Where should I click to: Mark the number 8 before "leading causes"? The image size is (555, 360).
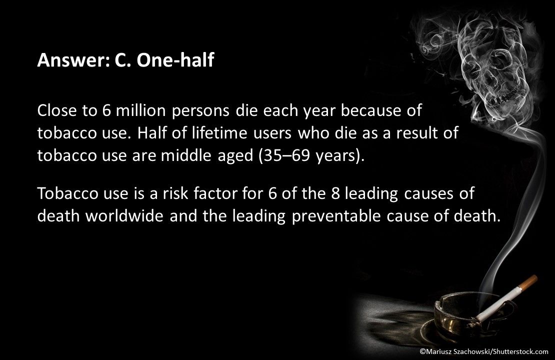pos(335,193)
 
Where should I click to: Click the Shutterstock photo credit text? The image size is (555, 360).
pos(483,351)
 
